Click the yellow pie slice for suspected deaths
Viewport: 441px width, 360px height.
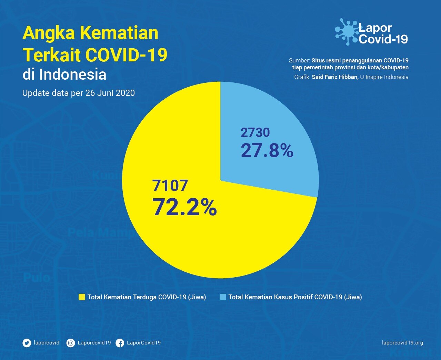193,241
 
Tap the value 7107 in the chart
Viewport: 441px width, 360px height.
170,186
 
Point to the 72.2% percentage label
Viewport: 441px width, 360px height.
184,207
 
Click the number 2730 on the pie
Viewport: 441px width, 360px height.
255,132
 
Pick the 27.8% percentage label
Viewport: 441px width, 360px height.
267,151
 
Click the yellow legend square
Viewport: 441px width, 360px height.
82,297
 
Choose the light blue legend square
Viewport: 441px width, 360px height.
223,297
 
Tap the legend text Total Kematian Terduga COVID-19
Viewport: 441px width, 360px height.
147,297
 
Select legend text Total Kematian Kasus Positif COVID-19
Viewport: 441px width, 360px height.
295,297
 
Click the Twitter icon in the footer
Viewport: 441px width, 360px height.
27,343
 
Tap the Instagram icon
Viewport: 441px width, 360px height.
71,343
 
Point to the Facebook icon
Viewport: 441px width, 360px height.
120,343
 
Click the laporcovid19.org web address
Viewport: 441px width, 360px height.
402,343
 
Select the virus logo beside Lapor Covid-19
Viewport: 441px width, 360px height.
347,32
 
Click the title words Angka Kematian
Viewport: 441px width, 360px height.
90,33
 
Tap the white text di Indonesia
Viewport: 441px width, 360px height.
64,74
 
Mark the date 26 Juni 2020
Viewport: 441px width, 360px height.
110,93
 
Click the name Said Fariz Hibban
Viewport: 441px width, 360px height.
334,77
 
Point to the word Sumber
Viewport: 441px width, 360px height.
299,60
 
